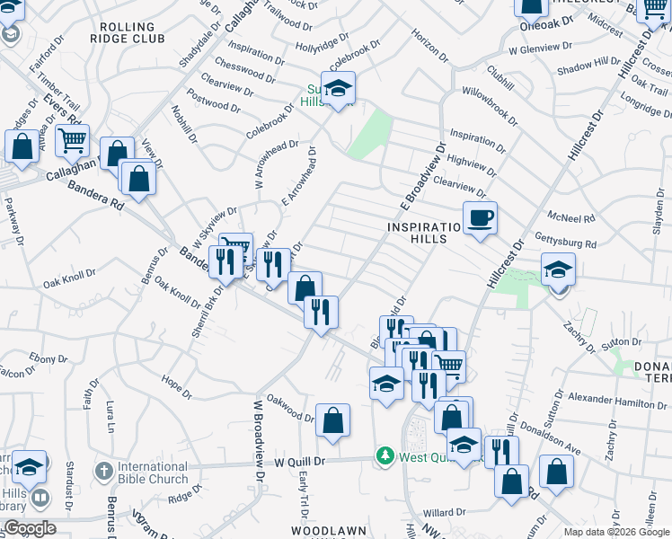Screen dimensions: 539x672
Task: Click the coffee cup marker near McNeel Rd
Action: coord(480,218)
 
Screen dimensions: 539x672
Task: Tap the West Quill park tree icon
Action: coord(385,456)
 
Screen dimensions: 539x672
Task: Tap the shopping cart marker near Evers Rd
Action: coord(72,140)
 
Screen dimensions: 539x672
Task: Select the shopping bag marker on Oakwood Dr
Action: coord(332,420)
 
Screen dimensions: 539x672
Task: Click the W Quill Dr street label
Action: coord(297,461)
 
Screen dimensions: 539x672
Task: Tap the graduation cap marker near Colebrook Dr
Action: coord(338,91)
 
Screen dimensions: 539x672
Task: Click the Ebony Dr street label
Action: coord(41,358)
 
